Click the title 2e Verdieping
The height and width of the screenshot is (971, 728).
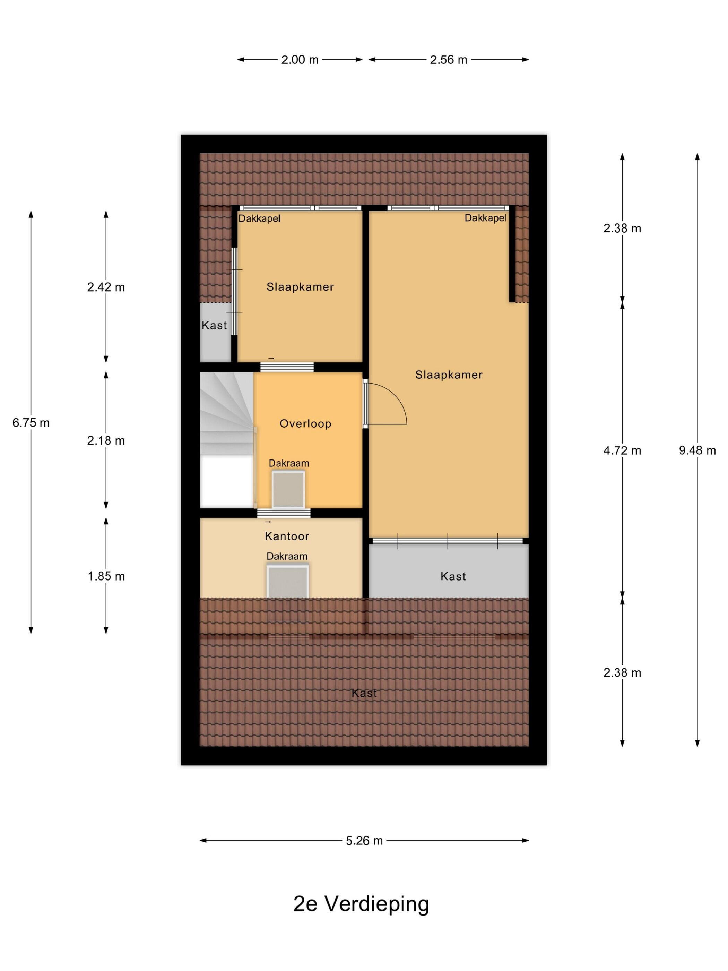pyautogui.click(x=361, y=905)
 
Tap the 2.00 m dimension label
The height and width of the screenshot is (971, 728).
pyautogui.click(x=300, y=60)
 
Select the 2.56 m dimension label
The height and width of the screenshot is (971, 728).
pyautogui.click(x=449, y=60)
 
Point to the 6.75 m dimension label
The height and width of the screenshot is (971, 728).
pyautogui.click(x=31, y=423)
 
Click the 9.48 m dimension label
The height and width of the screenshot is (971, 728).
pyautogui.click(x=697, y=450)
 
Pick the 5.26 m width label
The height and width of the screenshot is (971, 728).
pyautogui.click(x=364, y=841)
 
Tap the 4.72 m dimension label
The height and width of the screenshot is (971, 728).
pyautogui.click(x=622, y=450)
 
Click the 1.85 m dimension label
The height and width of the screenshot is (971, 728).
pyautogui.click(x=106, y=576)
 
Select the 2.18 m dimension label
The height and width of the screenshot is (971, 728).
pyautogui.click(x=106, y=440)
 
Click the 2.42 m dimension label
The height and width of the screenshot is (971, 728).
pyautogui.click(x=106, y=287)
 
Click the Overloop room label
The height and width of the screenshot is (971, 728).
pyautogui.click(x=305, y=424)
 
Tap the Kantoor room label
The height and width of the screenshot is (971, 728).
pyautogui.click(x=287, y=536)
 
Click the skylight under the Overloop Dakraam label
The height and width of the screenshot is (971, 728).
pyautogui.click(x=288, y=489)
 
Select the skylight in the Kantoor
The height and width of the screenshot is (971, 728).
pyautogui.click(x=287, y=581)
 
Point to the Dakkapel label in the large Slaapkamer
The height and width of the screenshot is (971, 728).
pyautogui.click(x=485, y=218)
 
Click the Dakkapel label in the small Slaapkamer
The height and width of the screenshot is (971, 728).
pyautogui.click(x=259, y=218)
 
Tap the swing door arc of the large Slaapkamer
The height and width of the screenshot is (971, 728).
pyautogui.click(x=396, y=395)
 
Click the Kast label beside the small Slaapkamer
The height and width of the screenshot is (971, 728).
pyautogui.click(x=214, y=325)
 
